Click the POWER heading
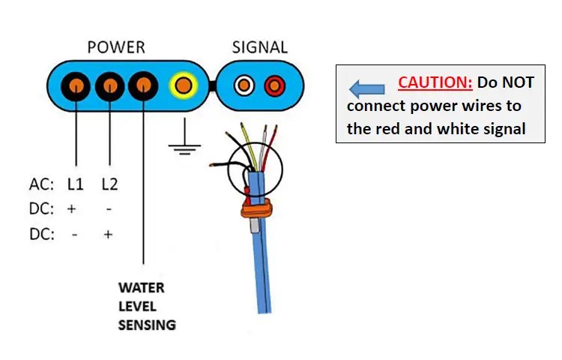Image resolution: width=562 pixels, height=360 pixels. coord(116,47)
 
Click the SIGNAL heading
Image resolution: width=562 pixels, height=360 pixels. coord(259,47)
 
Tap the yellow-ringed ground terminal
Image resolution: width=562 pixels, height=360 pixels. coord(183,84)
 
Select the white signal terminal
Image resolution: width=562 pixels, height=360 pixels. coord(244,84)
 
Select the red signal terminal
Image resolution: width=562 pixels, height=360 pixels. coord(274,84)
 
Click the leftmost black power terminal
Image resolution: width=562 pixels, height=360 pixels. coord(76,84)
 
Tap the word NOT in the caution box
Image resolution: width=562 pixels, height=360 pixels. coord(516,82)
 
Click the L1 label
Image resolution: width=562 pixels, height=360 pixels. coord(75,184)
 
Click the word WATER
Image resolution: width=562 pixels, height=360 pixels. coord(141,288)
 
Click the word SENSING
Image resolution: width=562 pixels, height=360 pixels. coord(147,325)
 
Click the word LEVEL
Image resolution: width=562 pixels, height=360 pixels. coord(137,306)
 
